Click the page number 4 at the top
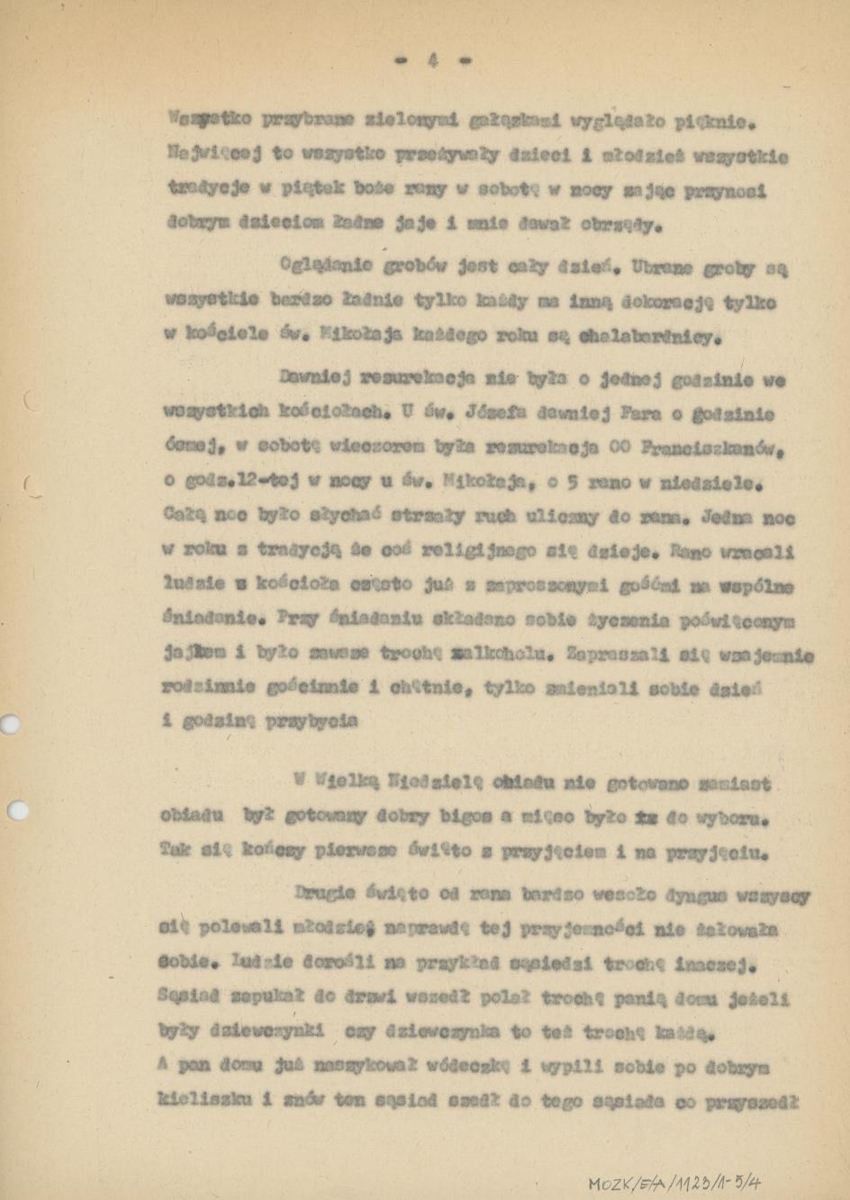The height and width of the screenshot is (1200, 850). (x=432, y=61)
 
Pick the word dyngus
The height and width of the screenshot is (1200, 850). (x=697, y=897)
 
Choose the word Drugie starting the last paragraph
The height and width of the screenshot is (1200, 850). (x=326, y=895)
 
